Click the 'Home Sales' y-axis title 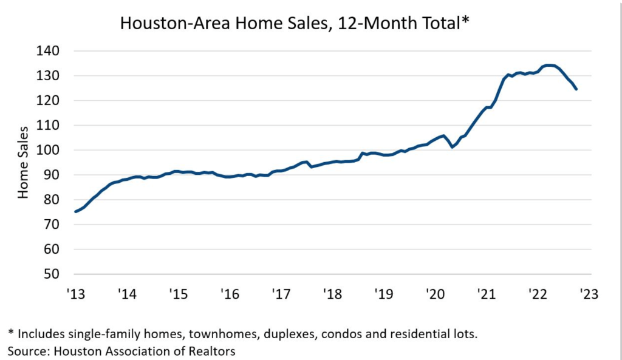pos(23,162)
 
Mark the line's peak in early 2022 pos(549,65)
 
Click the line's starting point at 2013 pos(75,211)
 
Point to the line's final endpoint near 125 pos(576,89)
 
